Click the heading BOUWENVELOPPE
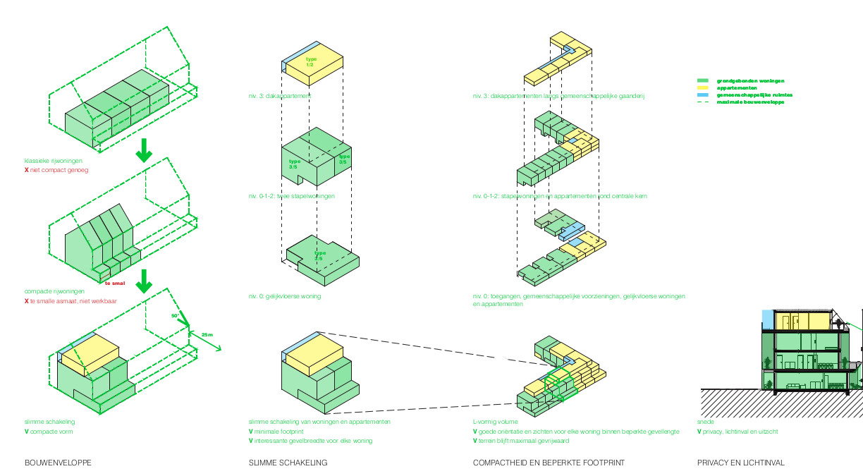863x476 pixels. coord(58,463)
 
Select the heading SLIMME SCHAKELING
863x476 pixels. coord(288,463)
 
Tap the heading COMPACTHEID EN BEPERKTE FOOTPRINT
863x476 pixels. coord(549,463)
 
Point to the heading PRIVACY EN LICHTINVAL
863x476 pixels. coord(740,463)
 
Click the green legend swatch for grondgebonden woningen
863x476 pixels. coord(702,81)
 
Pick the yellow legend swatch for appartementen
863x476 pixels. coord(702,88)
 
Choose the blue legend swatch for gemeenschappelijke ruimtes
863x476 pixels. coord(702,95)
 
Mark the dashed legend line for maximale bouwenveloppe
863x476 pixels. coord(702,102)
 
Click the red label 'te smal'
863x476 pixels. coord(114,283)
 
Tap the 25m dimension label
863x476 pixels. coord(206,334)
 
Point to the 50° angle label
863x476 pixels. coord(176,316)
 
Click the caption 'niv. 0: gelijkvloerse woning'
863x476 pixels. coord(284,296)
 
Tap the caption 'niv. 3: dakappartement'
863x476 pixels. coord(280,96)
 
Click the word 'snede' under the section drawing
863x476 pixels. coord(705,422)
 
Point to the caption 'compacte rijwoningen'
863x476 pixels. coord(54,291)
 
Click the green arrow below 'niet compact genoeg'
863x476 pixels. coord(144,150)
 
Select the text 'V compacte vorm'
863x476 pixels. coord(49,432)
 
